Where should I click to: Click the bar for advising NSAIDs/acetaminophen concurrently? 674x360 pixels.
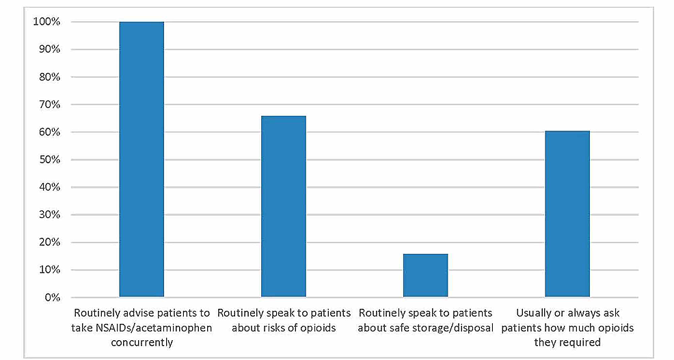[x=141, y=159]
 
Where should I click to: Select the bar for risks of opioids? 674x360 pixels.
[x=284, y=206]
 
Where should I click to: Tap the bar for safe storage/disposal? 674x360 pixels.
[x=425, y=275]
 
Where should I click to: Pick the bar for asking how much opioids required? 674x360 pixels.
[x=567, y=214]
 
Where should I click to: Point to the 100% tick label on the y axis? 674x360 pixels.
[x=46, y=22]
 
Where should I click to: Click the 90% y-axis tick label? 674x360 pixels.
[x=49, y=50]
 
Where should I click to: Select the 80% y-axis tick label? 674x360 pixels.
[x=49, y=77]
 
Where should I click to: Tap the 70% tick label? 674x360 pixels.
[x=49, y=105]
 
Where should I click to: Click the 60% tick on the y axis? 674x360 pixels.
[x=49, y=133]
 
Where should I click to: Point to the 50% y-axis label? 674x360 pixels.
[x=49, y=160]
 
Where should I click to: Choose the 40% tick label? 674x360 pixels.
[x=49, y=187]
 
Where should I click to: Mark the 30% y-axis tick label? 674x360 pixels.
[x=49, y=214]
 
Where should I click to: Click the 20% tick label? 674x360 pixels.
[x=49, y=243]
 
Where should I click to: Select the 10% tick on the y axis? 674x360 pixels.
[x=49, y=270]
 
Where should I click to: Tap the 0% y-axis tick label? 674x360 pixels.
[x=51, y=297]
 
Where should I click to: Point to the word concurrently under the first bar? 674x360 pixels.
[x=141, y=342]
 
